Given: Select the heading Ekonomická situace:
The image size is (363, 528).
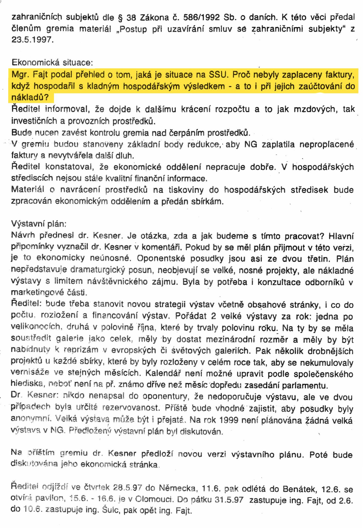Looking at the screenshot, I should [52, 63].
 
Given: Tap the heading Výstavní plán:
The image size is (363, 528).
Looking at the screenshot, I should [39, 224].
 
